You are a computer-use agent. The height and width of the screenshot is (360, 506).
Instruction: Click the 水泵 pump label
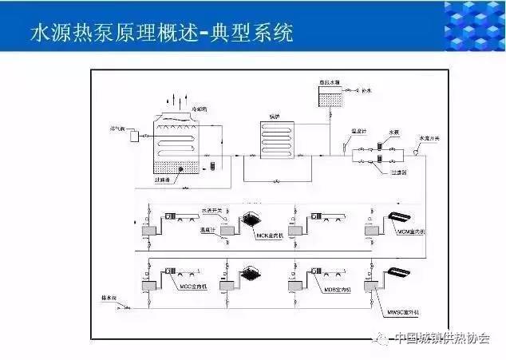393,133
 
